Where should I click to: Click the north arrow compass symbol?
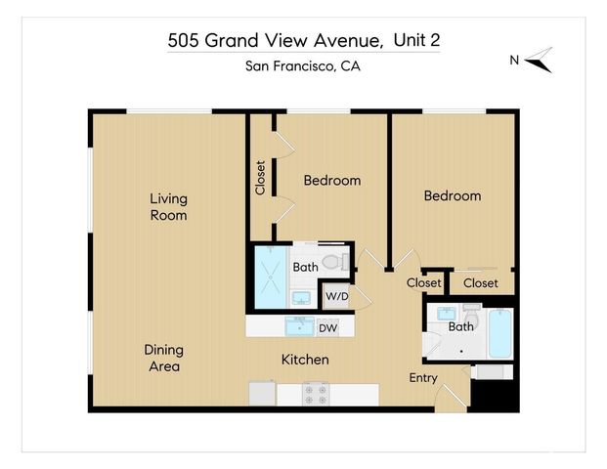tap(540, 61)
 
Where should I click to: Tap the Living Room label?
tap(168, 207)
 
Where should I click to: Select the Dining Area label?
tap(163, 358)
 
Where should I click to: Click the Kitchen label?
tap(305, 360)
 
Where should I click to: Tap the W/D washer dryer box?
tap(336, 295)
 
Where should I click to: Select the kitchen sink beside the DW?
tap(299, 325)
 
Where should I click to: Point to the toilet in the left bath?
tap(334, 262)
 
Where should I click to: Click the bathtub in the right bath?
tap(499, 334)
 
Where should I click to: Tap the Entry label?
tap(423, 378)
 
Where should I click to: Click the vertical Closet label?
tap(260, 178)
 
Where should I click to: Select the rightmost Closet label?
tap(481, 283)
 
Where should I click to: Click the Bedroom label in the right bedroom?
tap(452, 195)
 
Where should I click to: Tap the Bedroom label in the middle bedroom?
tap(331, 180)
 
